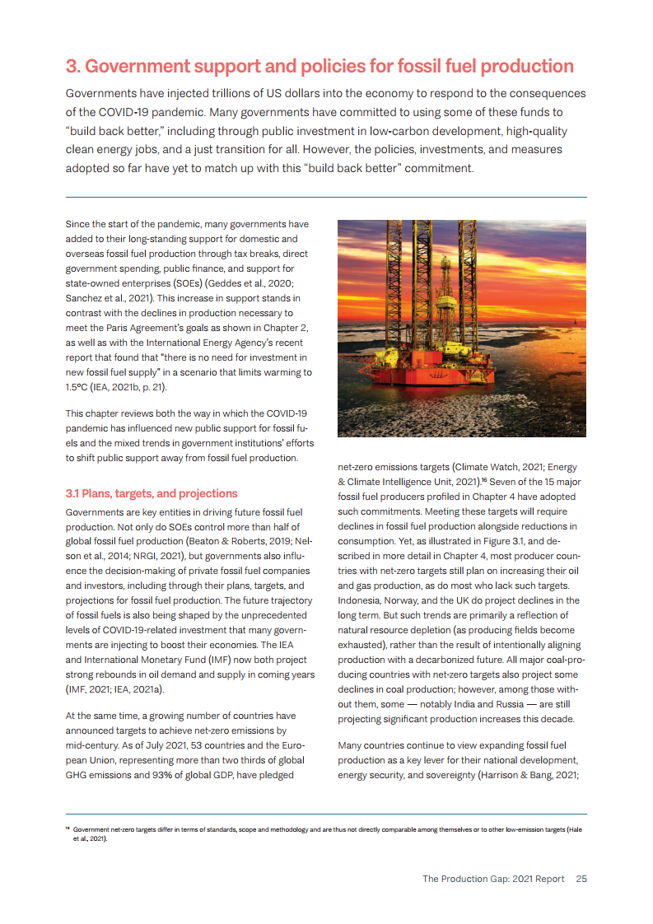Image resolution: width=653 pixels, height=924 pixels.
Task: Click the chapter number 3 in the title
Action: [x=72, y=67]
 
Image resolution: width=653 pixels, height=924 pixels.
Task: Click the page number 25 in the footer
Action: [x=581, y=879]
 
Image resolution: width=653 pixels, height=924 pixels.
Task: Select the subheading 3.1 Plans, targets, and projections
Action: [x=152, y=493]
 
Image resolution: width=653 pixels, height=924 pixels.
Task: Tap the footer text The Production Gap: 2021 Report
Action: [x=493, y=879]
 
